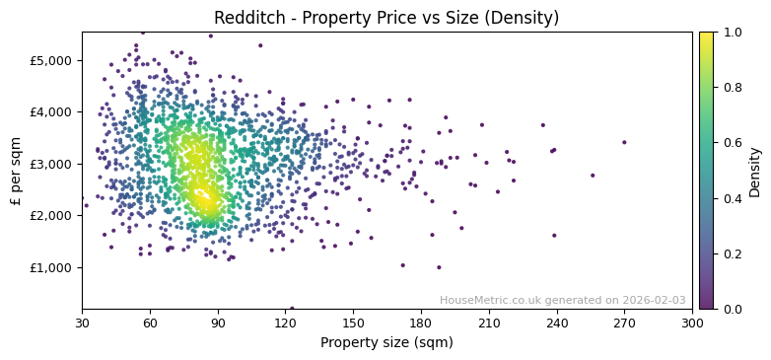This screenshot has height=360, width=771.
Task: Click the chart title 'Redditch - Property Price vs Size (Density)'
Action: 386,18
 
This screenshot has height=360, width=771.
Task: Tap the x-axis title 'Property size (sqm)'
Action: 386,343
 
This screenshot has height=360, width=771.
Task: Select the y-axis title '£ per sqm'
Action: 16,171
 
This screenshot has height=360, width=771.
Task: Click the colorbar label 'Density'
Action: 755,171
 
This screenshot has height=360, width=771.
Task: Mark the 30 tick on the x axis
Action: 82,323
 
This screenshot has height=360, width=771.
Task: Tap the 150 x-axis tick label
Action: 353,323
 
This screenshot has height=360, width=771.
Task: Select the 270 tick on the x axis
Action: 624,323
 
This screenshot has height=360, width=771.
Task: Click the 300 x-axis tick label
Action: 692,323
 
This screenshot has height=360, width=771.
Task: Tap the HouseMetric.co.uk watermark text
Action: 562,301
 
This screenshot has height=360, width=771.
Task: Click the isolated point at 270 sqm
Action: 624,142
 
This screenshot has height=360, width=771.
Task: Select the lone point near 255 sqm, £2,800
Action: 593,176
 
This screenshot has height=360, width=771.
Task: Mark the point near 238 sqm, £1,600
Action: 554,236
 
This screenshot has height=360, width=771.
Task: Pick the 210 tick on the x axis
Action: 489,323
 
